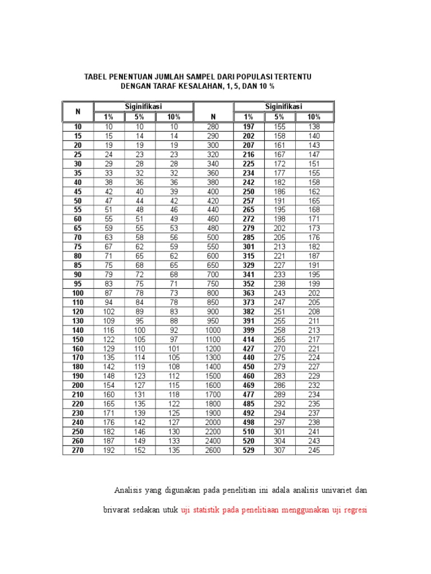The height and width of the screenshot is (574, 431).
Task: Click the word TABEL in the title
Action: [x=97, y=76]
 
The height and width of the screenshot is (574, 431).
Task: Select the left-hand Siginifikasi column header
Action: [x=143, y=107]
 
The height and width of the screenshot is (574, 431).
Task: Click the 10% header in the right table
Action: [x=314, y=117]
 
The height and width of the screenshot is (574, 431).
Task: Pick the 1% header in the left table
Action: [x=108, y=117]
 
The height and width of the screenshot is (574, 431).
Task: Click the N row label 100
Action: [x=77, y=293]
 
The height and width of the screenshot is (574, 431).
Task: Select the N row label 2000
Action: [x=213, y=423]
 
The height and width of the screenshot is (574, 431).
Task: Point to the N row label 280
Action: [x=213, y=127]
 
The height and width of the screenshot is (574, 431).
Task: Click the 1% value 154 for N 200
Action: [x=108, y=386]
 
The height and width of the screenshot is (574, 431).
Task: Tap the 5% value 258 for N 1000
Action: [x=279, y=330]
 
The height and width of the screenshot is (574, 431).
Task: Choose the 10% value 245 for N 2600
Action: [x=314, y=450]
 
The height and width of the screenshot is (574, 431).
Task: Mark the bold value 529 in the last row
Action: [x=248, y=450]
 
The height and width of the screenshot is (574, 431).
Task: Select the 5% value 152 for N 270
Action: [x=139, y=450]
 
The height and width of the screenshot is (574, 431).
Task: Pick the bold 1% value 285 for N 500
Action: [x=248, y=238]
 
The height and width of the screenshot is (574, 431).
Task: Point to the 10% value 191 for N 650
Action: [x=314, y=265]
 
